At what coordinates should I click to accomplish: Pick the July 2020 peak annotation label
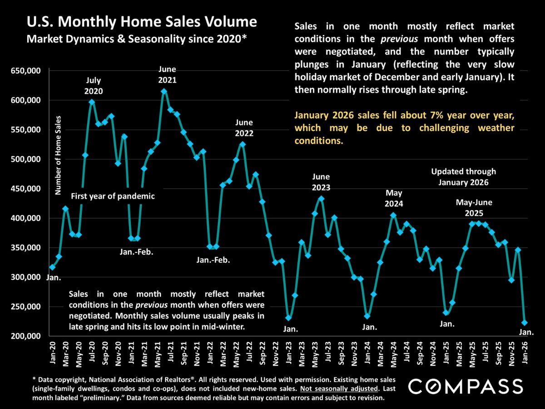click(94, 85)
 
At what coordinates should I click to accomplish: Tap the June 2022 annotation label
click(244, 128)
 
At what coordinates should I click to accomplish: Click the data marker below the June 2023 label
click(321, 199)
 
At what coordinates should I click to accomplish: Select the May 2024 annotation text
click(393, 198)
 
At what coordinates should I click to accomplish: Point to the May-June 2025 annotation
click(474, 208)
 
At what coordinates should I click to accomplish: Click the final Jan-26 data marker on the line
click(525, 323)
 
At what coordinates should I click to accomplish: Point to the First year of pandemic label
click(113, 196)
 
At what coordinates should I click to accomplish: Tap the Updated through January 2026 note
click(463, 177)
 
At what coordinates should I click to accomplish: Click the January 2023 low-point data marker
click(289, 318)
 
